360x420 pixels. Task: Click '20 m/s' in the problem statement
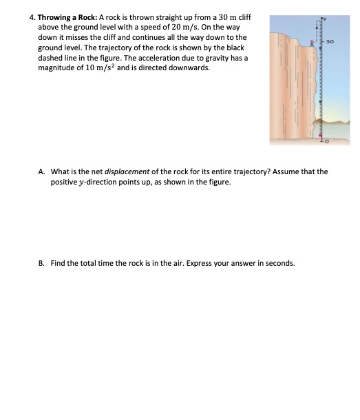tap(195, 26)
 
